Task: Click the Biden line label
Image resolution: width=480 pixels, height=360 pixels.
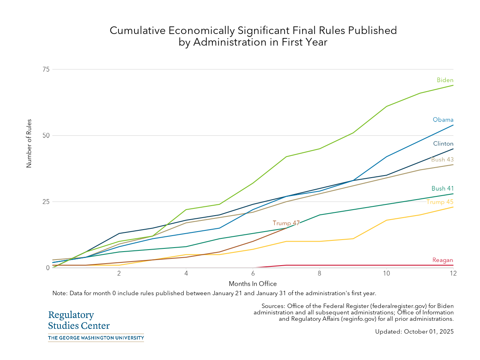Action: coord(445,80)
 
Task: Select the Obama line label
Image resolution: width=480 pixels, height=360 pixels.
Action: coord(443,120)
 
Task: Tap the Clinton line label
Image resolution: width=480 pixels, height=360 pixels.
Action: coord(443,144)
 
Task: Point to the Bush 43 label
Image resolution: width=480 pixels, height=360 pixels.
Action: coord(442,160)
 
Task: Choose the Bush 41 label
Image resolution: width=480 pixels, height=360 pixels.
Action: coord(442,188)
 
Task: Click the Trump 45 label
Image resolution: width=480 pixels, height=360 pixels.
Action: coord(440,202)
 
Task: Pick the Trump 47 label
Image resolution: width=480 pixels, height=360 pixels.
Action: coord(286,223)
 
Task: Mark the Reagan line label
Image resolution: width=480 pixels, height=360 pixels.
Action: coord(443,260)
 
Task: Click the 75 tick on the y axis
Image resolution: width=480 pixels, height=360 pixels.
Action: coord(46,69)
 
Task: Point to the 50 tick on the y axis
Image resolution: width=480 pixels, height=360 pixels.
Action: coord(46,135)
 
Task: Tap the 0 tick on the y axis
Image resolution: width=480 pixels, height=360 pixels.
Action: coord(47,268)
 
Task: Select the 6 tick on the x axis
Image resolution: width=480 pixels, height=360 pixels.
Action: coord(253,273)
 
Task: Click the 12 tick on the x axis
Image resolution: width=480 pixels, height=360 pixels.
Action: coord(453,273)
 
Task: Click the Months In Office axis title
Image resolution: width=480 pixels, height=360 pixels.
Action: coord(253,284)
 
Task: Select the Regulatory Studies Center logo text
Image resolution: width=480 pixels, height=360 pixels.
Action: coord(78,320)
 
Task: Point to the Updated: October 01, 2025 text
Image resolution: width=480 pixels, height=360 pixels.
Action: coord(414,332)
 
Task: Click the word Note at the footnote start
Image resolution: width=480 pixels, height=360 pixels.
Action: coord(60,293)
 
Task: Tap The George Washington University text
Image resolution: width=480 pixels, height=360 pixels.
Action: coord(96,338)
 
